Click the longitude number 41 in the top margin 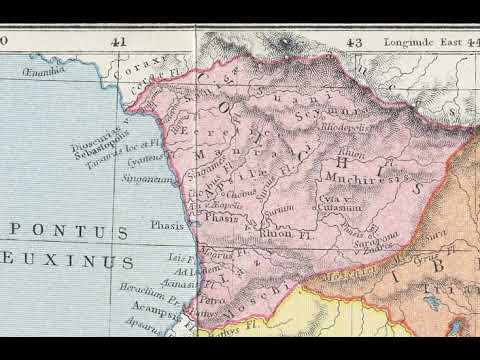(119, 43)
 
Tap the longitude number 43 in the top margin (353, 43)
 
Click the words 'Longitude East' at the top (411, 43)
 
